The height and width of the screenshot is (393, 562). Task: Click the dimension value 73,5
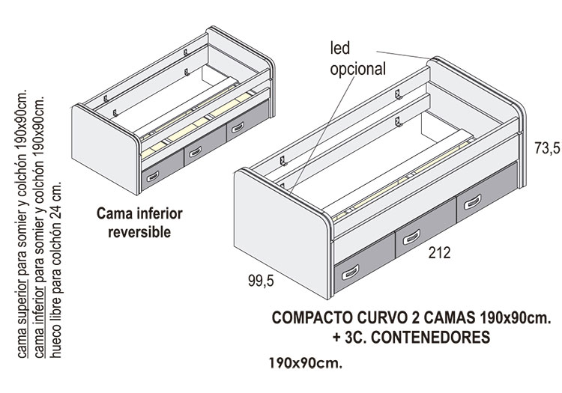(x=546, y=148)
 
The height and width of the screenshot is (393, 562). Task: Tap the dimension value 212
(x=439, y=252)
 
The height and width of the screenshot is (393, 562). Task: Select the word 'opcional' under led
(x=357, y=69)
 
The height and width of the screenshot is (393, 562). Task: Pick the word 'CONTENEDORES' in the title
(x=432, y=338)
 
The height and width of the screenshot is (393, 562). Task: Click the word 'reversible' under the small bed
(x=140, y=232)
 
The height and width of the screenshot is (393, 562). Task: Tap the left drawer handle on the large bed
(x=348, y=269)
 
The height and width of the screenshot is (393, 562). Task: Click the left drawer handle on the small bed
(x=152, y=177)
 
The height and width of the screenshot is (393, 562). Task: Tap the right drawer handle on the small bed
(x=239, y=132)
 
